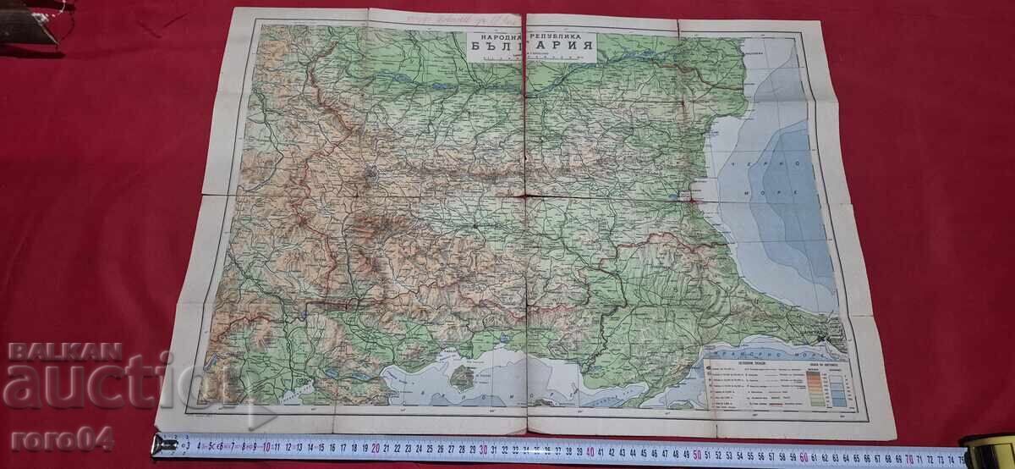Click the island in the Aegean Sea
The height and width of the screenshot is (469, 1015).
click(461, 374)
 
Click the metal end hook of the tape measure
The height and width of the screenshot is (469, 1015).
click(164, 444)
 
